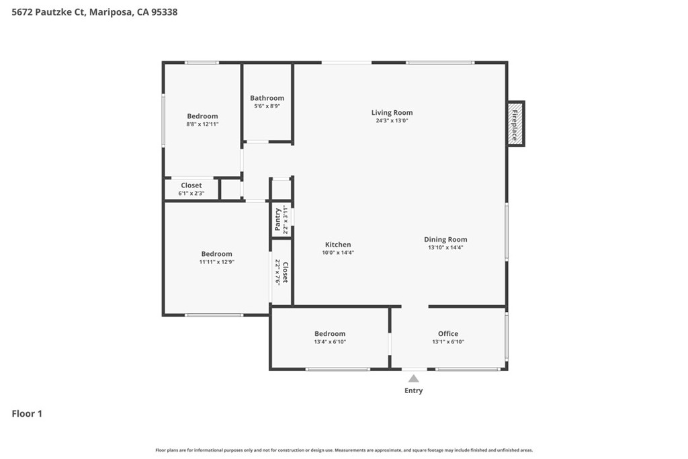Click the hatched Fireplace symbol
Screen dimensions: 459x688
(x=515, y=124)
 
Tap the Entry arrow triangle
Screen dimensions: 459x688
(x=414, y=379)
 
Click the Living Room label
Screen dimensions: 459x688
(x=392, y=112)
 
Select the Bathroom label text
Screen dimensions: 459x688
(x=267, y=98)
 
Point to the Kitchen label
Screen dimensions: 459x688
(x=338, y=245)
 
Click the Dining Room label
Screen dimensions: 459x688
(x=445, y=239)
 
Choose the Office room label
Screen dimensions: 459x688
(x=448, y=333)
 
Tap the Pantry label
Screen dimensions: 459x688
(x=277, y=220)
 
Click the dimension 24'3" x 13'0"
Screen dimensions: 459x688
(x=392, y=121)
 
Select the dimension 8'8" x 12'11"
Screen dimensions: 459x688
(x=202, y=124)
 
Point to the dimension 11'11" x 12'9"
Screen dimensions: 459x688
(x=216, y=262)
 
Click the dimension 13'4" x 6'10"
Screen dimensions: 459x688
(x=330, y=342)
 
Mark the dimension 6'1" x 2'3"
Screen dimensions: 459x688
(x=191, y=194)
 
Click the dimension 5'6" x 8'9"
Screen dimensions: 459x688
(x=267, y=106)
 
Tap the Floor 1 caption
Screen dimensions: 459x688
(x=27, y=414)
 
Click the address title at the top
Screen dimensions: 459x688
(x=95, y=12)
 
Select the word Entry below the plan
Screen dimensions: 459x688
(x=414, y=390)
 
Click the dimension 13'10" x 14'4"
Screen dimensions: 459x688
(x=445, y=247)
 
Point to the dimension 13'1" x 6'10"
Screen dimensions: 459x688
(x=448, y=342)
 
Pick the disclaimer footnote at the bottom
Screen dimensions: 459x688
(x=344, y=450)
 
